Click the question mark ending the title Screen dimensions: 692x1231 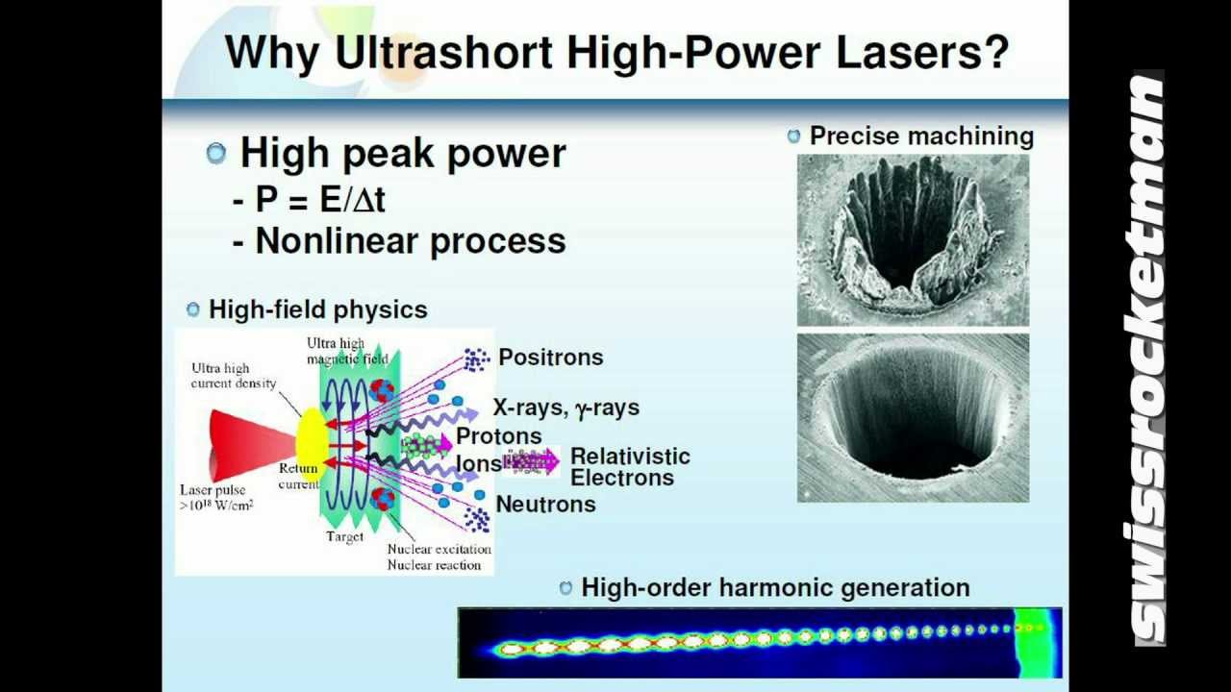click(x=994, y=53)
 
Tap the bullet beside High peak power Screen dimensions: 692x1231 click(x=216, y=153)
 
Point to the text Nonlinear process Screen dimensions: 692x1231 click(x=410, y=241)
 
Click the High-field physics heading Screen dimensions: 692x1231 click(x=317, y=309)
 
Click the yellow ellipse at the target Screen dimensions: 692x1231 click(x=312, y=445)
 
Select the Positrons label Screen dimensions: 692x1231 click(x=550, y=358)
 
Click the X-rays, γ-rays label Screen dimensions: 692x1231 click(x=565, y=408)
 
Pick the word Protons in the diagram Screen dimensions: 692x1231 click(x=498, y=436)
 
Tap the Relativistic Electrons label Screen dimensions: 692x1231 click(x=630, y=467)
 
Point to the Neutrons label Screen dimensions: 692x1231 click(x=545, y=505)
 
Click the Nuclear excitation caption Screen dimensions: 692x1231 click(x=439, y=550)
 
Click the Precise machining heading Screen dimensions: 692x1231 click(x=920, y=136)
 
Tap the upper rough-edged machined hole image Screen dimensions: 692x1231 click(x=913, y=240)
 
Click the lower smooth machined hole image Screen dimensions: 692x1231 click(x=913, y=418)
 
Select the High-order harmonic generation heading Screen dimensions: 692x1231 click(x=775, y=587)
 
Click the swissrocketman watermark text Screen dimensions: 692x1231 click(x=1148, y=360)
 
